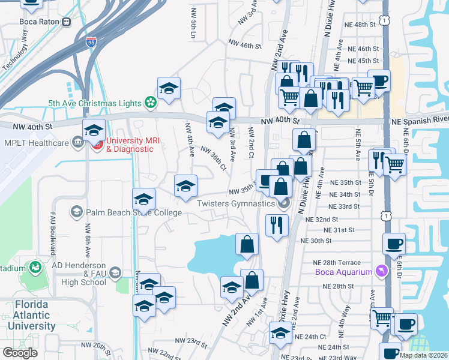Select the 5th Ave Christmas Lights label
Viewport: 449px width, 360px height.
(94, 103)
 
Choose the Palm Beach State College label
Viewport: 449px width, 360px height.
(133, 212)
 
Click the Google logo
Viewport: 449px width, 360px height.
(20, 352)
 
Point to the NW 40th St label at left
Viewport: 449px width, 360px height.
(34, 126)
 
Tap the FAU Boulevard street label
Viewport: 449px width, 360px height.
(53, 229)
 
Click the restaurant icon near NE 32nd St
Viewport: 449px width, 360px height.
(277, 226)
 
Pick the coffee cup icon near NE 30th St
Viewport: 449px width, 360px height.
(394, 244)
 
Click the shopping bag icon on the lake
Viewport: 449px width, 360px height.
(247, 244)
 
